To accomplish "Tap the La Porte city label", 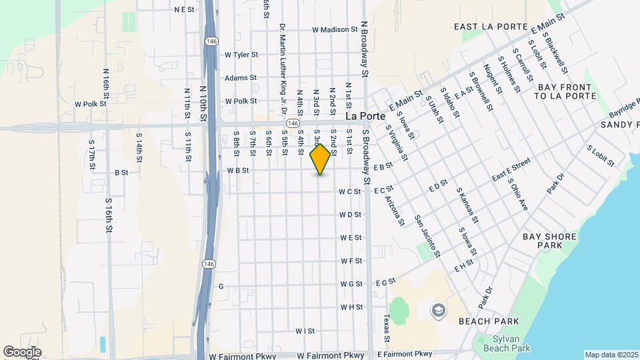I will [366, 115].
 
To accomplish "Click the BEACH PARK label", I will [484, 321].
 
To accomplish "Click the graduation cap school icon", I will [438, 310].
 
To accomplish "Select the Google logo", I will [22, 351].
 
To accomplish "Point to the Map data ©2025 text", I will [611, 355].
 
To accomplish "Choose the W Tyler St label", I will [241, 55].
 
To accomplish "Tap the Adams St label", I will [240, 78].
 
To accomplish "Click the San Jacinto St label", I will [427, 236].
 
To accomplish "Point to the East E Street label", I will [511, 171].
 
